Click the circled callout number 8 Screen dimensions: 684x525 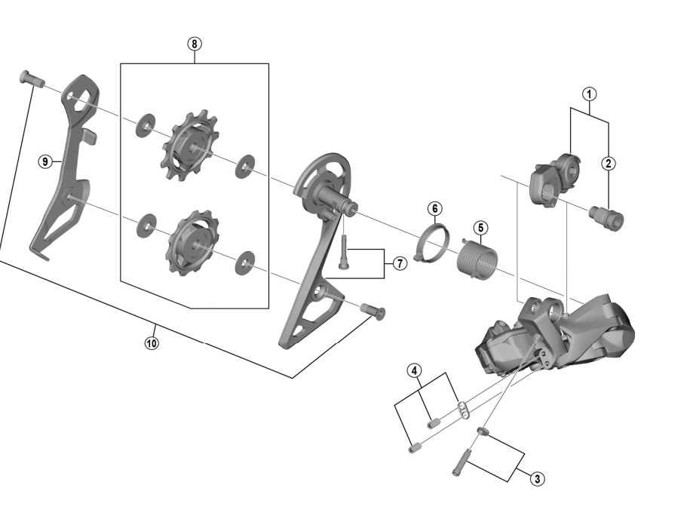click(195, 44)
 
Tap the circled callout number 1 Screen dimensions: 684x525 click(589, 94)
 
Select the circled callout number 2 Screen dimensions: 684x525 click(609, 164)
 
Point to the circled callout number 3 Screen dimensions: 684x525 click(537, 479)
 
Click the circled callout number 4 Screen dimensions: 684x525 click(415, 371)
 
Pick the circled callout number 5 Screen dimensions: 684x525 click(480, 227)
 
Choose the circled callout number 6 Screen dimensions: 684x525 click(435, 209)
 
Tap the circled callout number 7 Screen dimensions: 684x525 click(400, 263)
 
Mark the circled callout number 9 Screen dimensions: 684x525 click(45, 161)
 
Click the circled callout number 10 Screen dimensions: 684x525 click(152, 343)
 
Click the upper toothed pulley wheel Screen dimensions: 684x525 click(189, 146)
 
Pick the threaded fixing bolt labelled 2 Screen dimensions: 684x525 click(606, 217)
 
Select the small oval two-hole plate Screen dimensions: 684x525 click(464, 410)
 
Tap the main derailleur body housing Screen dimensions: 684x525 click(554, 334)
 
